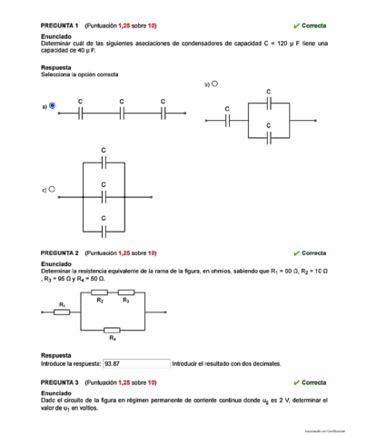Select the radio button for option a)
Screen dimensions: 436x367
(x=52, y=105)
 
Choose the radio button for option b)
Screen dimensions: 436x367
(x=214, y=84)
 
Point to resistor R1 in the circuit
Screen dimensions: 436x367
(x=62, y=312)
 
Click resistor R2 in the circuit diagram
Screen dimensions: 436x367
(x=100, y=292)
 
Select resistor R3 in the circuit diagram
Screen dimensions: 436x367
(x=126, y=292)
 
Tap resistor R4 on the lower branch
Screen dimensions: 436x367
(x=113, y=330)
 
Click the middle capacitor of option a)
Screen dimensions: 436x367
(x=122, y=114)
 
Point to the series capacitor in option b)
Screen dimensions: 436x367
(x=227, y=120)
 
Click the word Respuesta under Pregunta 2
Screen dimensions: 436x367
(x=56, y=355)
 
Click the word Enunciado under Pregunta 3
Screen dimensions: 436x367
(x=56, y=393)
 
